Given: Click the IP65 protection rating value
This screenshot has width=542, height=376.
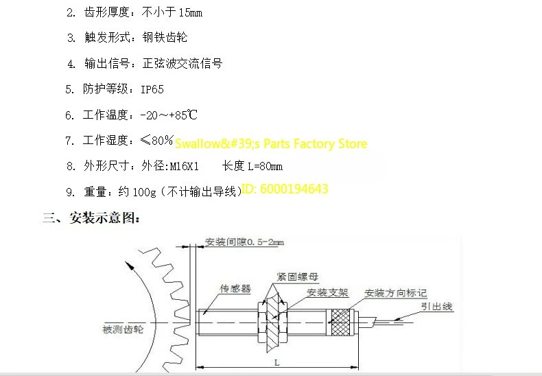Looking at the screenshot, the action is (x=152, y=89).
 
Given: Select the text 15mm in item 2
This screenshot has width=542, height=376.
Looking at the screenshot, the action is (x=191, y=13).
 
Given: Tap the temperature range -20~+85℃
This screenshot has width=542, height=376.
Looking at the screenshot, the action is (x=169, y=115).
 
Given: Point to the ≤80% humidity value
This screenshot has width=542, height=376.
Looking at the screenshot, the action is (x=156, y=140).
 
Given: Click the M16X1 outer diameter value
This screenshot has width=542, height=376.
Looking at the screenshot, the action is (x=185, y=167).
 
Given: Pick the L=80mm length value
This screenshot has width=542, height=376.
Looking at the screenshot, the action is (x=266, y=167).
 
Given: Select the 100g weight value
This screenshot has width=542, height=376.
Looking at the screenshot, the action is (x=145, y=192).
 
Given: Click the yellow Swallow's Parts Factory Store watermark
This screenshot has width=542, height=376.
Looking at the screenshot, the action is (x=271, y=143).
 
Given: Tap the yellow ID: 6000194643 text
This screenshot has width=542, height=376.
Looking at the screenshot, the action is (x=285, y=189).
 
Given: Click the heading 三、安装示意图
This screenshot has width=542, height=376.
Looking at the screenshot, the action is (x=91, y=218).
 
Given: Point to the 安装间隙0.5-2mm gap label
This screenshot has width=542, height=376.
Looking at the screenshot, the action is (x=244, y=242).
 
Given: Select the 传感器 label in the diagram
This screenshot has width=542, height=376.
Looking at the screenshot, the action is (x=235, y=288).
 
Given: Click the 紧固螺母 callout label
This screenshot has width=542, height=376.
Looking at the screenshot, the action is (x=298, y=277).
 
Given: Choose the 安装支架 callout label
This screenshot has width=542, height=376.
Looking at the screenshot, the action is (x=327, y=293).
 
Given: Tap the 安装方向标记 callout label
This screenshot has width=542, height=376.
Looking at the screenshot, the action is (x=396, y=293).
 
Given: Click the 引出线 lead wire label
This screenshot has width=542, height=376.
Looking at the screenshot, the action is (x=436, y=306).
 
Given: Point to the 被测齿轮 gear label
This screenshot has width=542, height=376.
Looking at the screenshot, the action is (x=123, y=329).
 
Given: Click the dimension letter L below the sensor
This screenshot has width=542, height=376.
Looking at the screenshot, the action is (x=277, y=362).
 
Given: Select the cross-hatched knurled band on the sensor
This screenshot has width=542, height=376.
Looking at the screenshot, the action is (x=340, y=322).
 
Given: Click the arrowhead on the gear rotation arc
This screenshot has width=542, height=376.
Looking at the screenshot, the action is (x=129, y=266).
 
